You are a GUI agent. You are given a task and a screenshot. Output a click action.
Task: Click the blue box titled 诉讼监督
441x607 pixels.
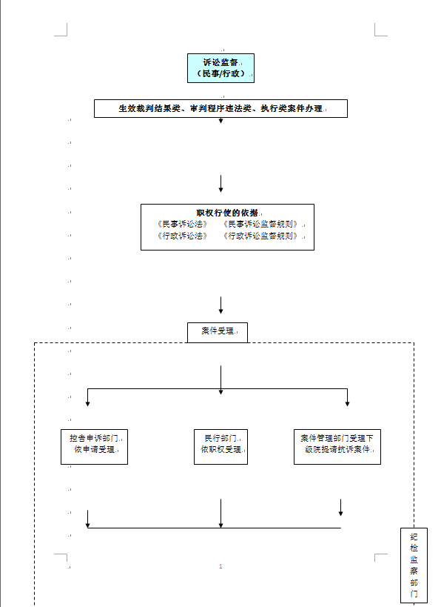220,68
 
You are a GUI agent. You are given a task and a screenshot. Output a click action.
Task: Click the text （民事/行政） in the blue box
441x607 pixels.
220,73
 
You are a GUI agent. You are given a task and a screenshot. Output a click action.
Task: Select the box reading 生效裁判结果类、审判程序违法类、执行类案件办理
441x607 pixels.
220,108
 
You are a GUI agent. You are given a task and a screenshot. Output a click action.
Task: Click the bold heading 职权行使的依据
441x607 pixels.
227,213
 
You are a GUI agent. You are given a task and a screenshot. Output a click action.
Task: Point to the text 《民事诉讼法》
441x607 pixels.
183,224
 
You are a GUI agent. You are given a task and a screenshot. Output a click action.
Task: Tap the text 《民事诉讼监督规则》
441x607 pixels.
261,224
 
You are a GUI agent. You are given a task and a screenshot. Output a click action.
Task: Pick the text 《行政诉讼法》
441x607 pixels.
183,236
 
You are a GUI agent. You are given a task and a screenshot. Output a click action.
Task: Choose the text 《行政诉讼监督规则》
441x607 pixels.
261,236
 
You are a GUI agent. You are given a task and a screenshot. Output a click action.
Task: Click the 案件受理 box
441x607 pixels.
218,333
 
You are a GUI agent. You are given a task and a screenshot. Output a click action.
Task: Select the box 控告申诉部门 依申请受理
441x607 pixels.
94,447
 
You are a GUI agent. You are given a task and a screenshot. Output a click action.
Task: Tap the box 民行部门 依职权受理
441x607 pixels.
220,447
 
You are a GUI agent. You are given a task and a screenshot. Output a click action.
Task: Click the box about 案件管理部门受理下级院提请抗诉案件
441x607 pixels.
337,447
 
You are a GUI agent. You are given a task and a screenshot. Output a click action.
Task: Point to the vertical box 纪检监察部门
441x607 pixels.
414,565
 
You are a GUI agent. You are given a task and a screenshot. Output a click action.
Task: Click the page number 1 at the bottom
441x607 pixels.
220,566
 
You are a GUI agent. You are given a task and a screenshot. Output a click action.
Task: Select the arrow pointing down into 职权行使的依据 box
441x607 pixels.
220,184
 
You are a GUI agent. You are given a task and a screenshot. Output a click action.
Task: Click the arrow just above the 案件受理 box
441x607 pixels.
220,305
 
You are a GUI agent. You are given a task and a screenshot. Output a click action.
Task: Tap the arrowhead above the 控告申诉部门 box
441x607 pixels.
88,403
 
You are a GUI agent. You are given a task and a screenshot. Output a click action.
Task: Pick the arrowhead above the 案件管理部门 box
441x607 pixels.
348,403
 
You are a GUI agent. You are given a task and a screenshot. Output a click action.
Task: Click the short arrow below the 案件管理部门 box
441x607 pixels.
340,508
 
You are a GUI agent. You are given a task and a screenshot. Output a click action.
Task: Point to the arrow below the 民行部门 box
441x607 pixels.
220,514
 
